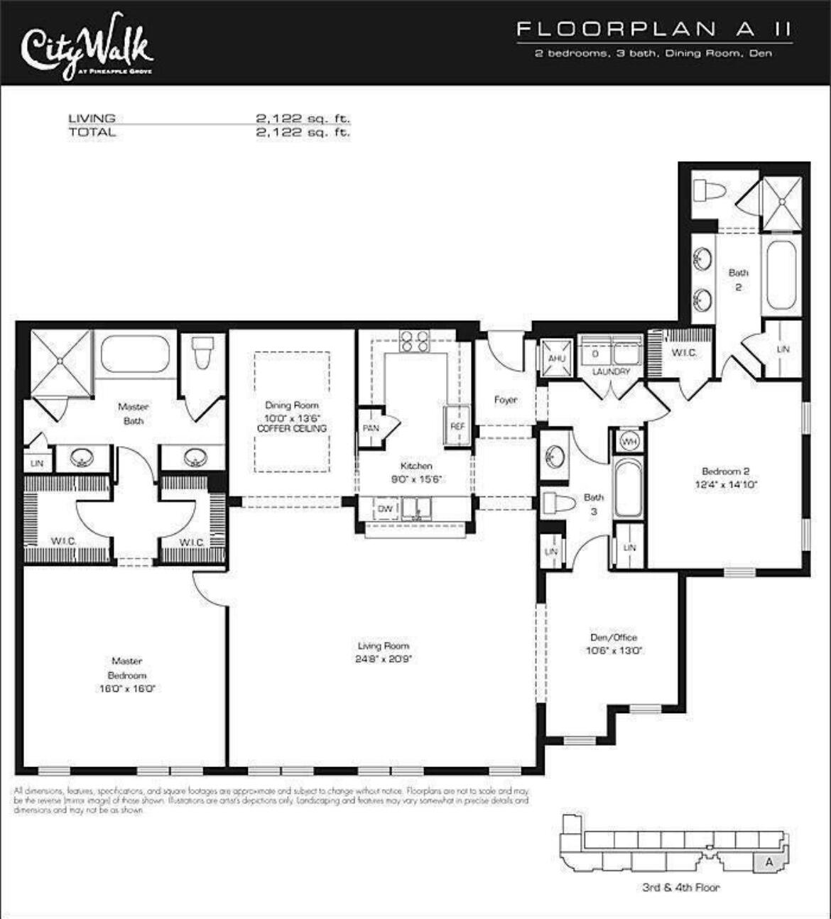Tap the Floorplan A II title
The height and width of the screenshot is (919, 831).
pos(653,29)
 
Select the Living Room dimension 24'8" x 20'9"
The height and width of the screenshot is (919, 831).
pos(384,659)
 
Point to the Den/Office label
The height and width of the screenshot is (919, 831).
pos(614,637)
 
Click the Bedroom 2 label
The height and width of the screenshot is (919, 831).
pos(725,471)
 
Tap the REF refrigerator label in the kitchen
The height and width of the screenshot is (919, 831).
pos(457,426)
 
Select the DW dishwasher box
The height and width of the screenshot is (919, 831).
pos(385,509)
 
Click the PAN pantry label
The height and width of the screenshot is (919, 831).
pos(370,428)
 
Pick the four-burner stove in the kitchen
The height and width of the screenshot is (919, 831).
pos(415,342)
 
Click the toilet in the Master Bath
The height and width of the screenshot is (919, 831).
pos(203,351)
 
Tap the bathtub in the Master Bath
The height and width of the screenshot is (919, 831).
pos(135,353)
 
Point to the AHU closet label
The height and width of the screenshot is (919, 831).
pos(556,358)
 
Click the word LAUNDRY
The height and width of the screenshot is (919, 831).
pos(611,371)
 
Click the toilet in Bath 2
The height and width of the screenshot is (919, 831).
pos(710,191)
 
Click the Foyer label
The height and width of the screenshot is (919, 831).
pos(506,400)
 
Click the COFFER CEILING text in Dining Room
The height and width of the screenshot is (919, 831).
pos(292,428)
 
